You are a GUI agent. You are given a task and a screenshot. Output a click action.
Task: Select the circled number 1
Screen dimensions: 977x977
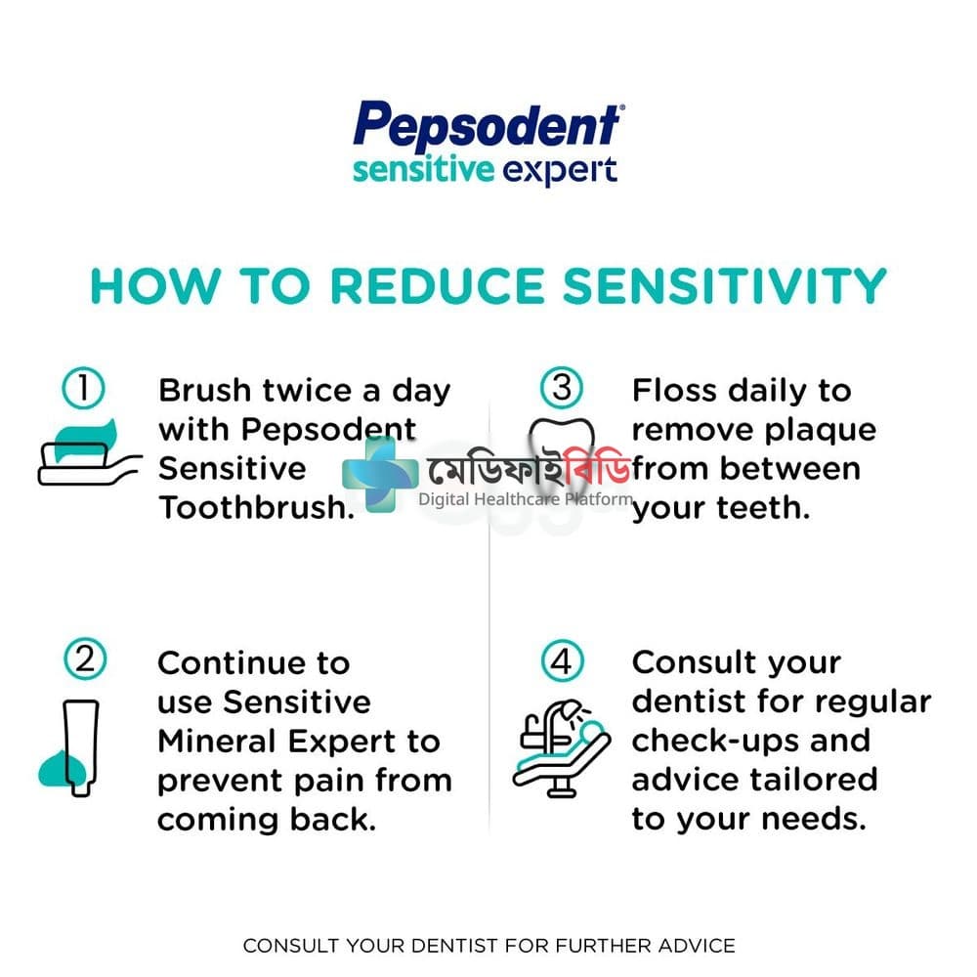[x=83, y=388]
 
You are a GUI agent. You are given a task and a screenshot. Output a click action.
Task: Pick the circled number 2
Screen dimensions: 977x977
[x=85, y=659]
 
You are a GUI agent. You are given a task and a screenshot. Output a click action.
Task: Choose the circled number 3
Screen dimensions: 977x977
[x=562, y=387]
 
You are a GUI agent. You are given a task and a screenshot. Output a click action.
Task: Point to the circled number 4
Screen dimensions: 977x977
[x=562, y=660]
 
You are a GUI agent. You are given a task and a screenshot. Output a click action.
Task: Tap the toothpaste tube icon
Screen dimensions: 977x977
[x=69, y=747]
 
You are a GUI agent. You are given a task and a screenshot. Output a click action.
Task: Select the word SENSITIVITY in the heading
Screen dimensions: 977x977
[x=725, y=286]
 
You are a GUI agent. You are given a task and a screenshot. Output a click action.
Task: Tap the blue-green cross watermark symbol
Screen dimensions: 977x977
[x=380, y=475]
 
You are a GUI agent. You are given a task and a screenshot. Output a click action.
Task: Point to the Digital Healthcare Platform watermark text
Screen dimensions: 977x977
[x=526, y=499]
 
